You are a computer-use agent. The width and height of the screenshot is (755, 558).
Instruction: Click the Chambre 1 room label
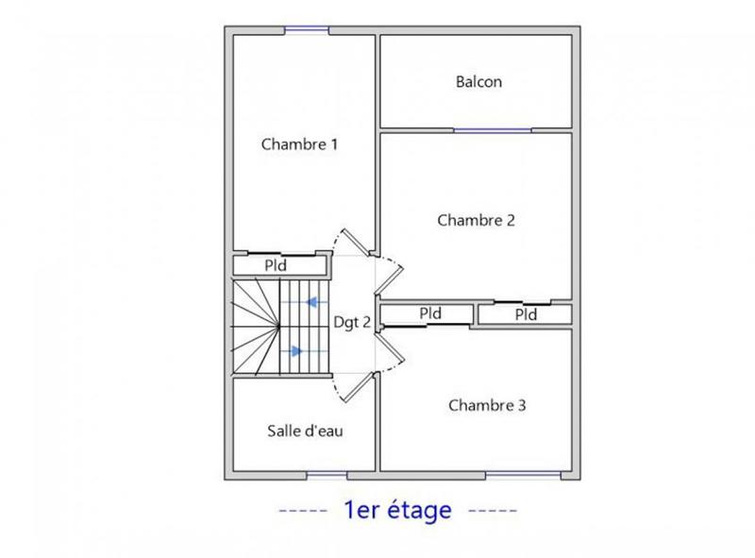[299, 144]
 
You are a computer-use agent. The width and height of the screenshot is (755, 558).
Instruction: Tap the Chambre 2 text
[476, 220]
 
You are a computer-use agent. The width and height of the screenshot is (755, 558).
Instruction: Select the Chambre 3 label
[487, 406]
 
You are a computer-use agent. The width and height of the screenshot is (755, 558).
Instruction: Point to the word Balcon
[478, 82]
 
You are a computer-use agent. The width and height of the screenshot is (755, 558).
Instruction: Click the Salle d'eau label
[306, 431]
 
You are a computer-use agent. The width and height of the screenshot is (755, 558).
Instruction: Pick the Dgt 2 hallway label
[352, 322]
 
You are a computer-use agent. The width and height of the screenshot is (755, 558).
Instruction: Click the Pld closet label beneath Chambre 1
[276, 265]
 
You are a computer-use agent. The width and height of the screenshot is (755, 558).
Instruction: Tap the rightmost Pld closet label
[526, 314]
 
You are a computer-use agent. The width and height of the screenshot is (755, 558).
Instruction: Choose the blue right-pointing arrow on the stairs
[294, 350]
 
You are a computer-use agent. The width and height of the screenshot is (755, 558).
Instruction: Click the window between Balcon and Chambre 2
[492, 129]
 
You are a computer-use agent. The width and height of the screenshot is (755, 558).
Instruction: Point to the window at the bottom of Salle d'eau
[327, 472]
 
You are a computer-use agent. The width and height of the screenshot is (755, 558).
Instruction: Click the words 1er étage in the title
[399, 511]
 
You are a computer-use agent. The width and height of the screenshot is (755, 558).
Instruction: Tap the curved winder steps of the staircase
[253, 326]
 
